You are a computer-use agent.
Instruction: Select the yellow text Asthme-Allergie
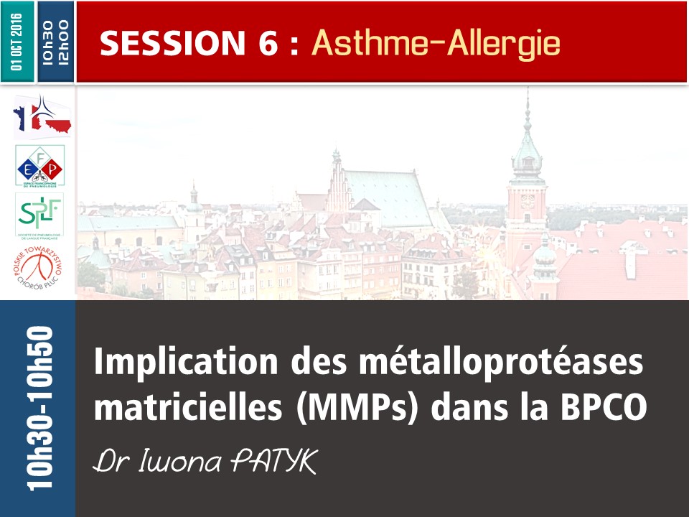pyautogui.click(x=436, y=44)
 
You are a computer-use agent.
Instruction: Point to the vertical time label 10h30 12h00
pyautogui.click(x=55, y=41)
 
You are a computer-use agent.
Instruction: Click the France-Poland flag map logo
pyautogui.click(x=42, y=116)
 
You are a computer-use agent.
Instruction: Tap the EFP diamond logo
pyautogui.click(x=39, y=166)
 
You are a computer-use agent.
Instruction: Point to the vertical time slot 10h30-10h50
pyautogui.click(x=39, y=408)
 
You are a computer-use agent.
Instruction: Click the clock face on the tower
pyautogui.click(x=528, y=197)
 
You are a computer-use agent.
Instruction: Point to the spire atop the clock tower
pyautogui.click(x=527, y=108)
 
